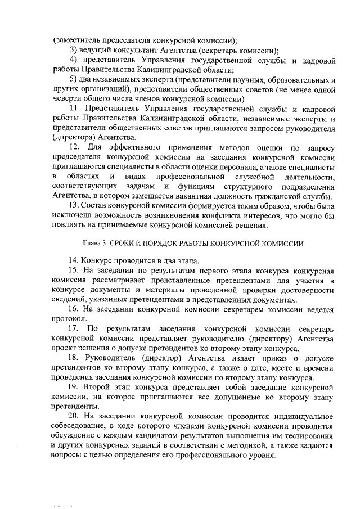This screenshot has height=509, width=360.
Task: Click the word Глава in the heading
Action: coord(92,244)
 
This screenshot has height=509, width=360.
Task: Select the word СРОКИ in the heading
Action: coord(124,244)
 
